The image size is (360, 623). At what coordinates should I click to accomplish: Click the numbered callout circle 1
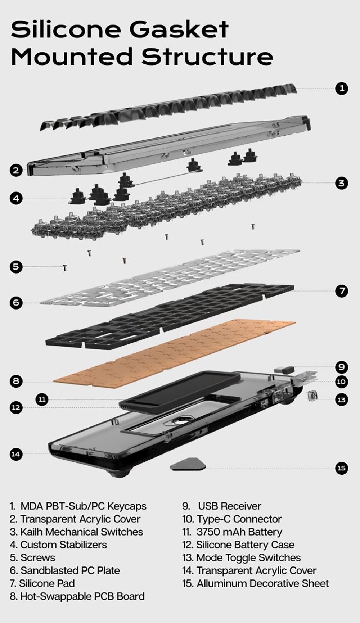coord(342,88)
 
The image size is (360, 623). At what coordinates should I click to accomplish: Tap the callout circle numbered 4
coord(16,198)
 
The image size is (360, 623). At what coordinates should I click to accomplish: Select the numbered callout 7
coord(342,290)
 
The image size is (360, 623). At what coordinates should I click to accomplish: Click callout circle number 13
coord(342,399)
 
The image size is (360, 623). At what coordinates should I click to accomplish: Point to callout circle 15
coord(342,468)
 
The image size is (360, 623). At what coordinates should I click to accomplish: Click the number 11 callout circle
coord(42,399)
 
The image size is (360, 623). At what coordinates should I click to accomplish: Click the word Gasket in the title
coord(179,29)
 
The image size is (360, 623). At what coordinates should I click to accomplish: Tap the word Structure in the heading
coord(207,57)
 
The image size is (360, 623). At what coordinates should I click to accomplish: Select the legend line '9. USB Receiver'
coord(221,506)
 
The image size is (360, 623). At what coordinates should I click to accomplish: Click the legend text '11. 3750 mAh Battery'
coord(232,532)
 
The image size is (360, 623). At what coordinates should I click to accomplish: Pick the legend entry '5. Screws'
coord(32,558)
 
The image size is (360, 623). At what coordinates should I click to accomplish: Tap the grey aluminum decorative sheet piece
coord(188,464)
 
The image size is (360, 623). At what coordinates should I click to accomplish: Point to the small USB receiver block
coord(284,369)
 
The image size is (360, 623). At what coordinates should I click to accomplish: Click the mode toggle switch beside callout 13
coord(311,396)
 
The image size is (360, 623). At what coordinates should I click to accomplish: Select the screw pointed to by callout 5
coord(65,268)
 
